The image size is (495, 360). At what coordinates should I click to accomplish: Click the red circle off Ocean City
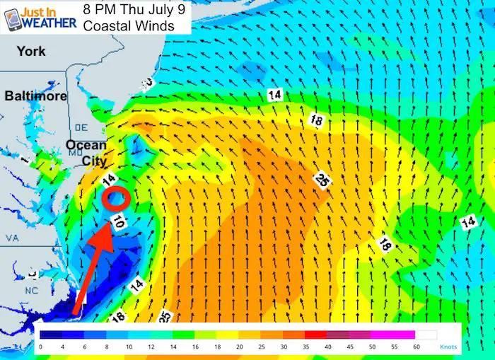point(115,198)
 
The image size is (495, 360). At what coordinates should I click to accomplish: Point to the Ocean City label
point(86,153)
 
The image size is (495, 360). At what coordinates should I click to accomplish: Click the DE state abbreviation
point(79,127)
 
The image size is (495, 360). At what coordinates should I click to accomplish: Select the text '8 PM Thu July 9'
point(131,10)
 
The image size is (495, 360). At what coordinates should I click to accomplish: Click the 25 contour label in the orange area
point(322,180)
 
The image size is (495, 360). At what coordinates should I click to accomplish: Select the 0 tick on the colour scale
point(41,347)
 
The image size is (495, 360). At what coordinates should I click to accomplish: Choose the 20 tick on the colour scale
point(240,347)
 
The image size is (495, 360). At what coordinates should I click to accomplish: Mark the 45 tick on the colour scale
point(350,347)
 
